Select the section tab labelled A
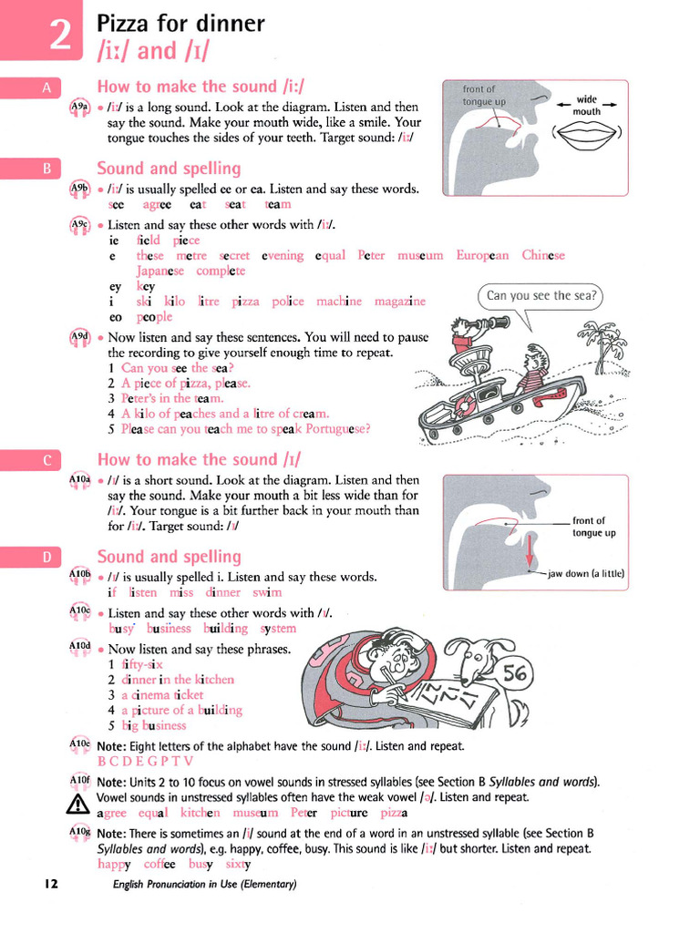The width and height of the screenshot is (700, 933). click(x=46, y=87)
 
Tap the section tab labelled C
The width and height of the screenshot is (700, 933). click(x=46, y=460)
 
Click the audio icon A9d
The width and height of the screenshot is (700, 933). click(x=79, y=337)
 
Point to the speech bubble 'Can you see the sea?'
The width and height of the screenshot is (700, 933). click(x=541, y=296)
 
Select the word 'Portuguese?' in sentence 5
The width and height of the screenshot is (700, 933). click(x=337, y=428)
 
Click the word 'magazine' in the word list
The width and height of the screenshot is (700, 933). click(x=400, y=301)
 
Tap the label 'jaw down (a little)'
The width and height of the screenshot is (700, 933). click(x=586, y=574)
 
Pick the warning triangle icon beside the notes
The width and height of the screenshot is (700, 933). click(x=78, y=804)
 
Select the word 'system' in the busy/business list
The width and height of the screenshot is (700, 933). click(x=278, y=628)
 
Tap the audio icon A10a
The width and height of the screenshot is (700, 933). click(x=79, y=479)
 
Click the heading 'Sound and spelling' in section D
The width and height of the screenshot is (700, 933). click(x=169, y=557)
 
